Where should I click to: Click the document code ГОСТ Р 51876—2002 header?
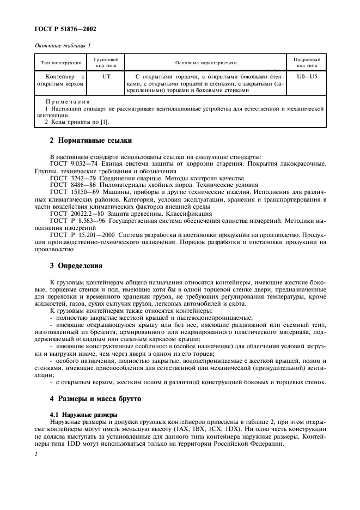(x=62, y=29)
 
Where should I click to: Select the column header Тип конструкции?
(x=60, y=63)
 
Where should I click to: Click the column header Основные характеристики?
(x=206, y=63)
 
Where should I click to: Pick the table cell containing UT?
(x=106, y=77)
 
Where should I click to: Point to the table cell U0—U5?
(x=307, y=77)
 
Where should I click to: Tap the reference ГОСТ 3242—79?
(x=74, y=178)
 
